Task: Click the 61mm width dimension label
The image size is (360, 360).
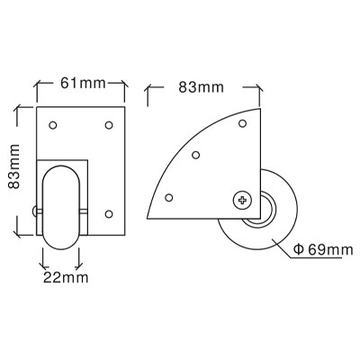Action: pyautogui.click(x=83, y=83)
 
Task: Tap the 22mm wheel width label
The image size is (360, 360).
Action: pyautogui.click(x=66, y=277)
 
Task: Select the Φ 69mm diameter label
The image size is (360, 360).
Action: pyautogui.click(x=322, y=249)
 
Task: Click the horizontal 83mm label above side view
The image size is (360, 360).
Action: pyautogui.click(x=201, y=87)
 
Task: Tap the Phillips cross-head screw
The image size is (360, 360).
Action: pyautogui.click(x=242, y=200)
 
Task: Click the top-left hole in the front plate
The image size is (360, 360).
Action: pyautogui.click(x=53, y=125)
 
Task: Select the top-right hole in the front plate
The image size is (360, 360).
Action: pyautogui.click(x=109, y=125)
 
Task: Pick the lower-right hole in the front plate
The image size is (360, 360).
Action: pyautogui.click(x=109, y=213)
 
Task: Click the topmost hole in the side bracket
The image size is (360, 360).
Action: pyautogui.click(x=242, y=123)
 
